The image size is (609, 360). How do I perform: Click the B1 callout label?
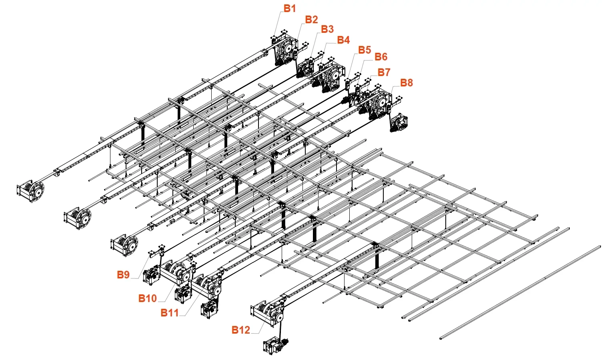tap(290, 8)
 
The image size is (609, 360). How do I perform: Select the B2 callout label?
tap(311, 20)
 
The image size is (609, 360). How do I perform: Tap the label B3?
tap(327, 29)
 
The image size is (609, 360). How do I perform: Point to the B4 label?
tap(343, 40)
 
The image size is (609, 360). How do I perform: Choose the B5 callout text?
tap(365, 50)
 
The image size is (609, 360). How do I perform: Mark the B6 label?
tap(381, 57)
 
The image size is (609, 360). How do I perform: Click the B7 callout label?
tap(384, 72)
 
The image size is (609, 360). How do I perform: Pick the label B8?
tap(407, 82)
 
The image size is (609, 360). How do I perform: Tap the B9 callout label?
tap(123, 275)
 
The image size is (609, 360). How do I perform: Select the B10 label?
tap(148, 298)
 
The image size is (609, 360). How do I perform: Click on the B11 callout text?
tap(170, 313)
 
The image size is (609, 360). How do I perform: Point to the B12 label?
tap(240, 330)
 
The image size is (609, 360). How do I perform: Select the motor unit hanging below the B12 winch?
tap(275, 346)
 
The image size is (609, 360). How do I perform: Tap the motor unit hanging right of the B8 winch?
tap(399, 123)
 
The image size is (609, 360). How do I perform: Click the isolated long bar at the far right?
tap(520, 292)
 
